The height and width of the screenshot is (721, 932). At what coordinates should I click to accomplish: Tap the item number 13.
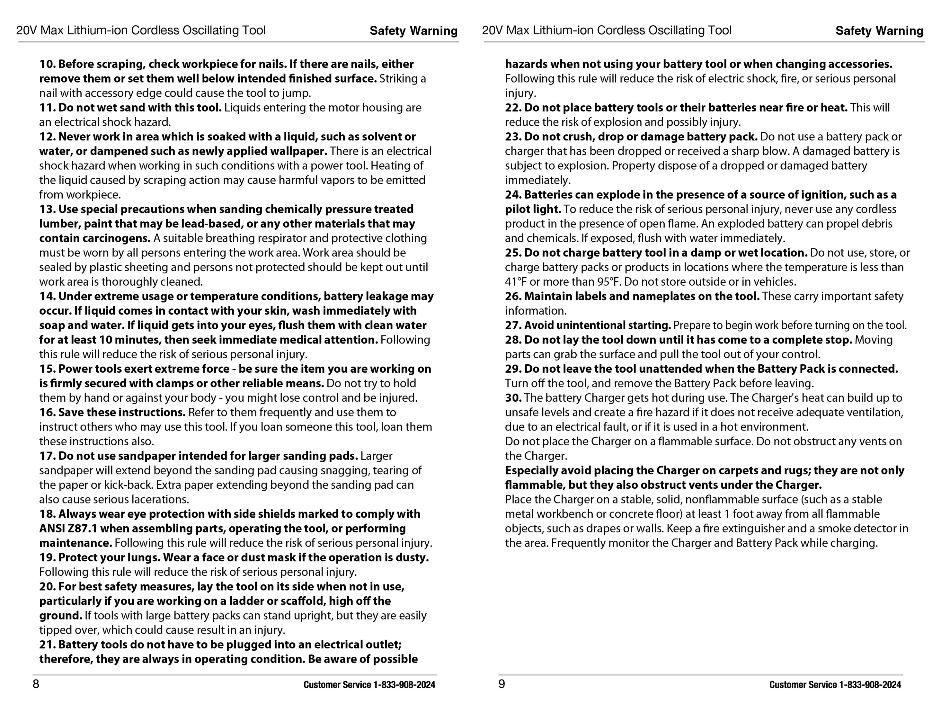point(47,209)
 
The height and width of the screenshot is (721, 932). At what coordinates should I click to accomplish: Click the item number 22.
point(513,108)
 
